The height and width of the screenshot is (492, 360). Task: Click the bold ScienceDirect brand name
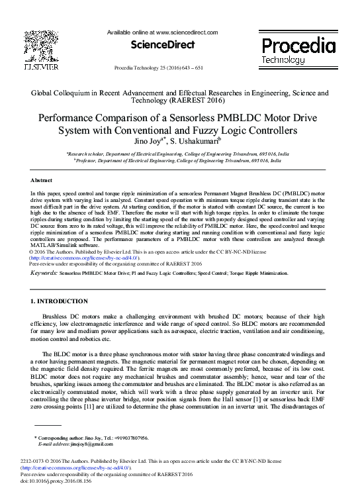(x=163, y=45)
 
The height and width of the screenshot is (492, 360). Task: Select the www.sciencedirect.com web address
(x=187, y=32)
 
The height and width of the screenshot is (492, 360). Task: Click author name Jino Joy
(x=148, y=140)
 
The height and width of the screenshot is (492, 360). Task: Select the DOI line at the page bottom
(x=56, y=481)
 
